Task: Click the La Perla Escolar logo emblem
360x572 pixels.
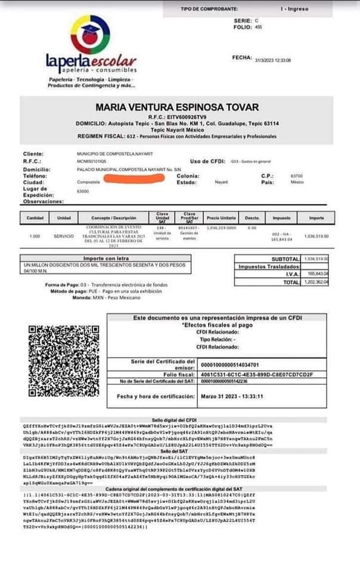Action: click(91, 35)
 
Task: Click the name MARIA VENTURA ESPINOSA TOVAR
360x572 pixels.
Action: click(178, 107)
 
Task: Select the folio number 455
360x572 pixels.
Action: click(258, 27)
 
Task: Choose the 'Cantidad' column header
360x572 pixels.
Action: click(35, 218)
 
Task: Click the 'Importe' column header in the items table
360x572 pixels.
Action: click(316, 218)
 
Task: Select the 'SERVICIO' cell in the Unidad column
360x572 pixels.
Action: click(64, 236)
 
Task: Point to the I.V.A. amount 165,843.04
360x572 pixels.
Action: click(316, 274)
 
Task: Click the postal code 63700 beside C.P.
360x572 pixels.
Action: click(296, 176)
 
